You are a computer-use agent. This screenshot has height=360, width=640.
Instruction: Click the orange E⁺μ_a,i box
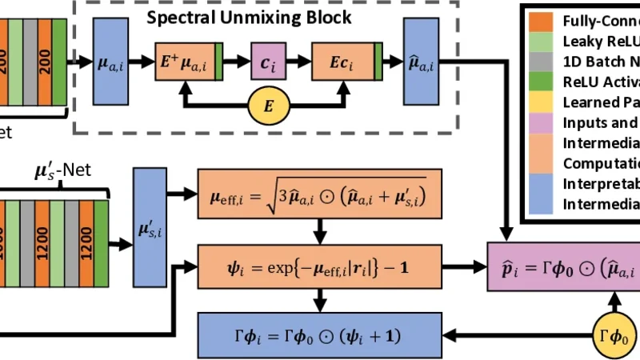[188, 61]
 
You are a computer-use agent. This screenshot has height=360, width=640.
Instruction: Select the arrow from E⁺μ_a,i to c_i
[236, 61]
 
